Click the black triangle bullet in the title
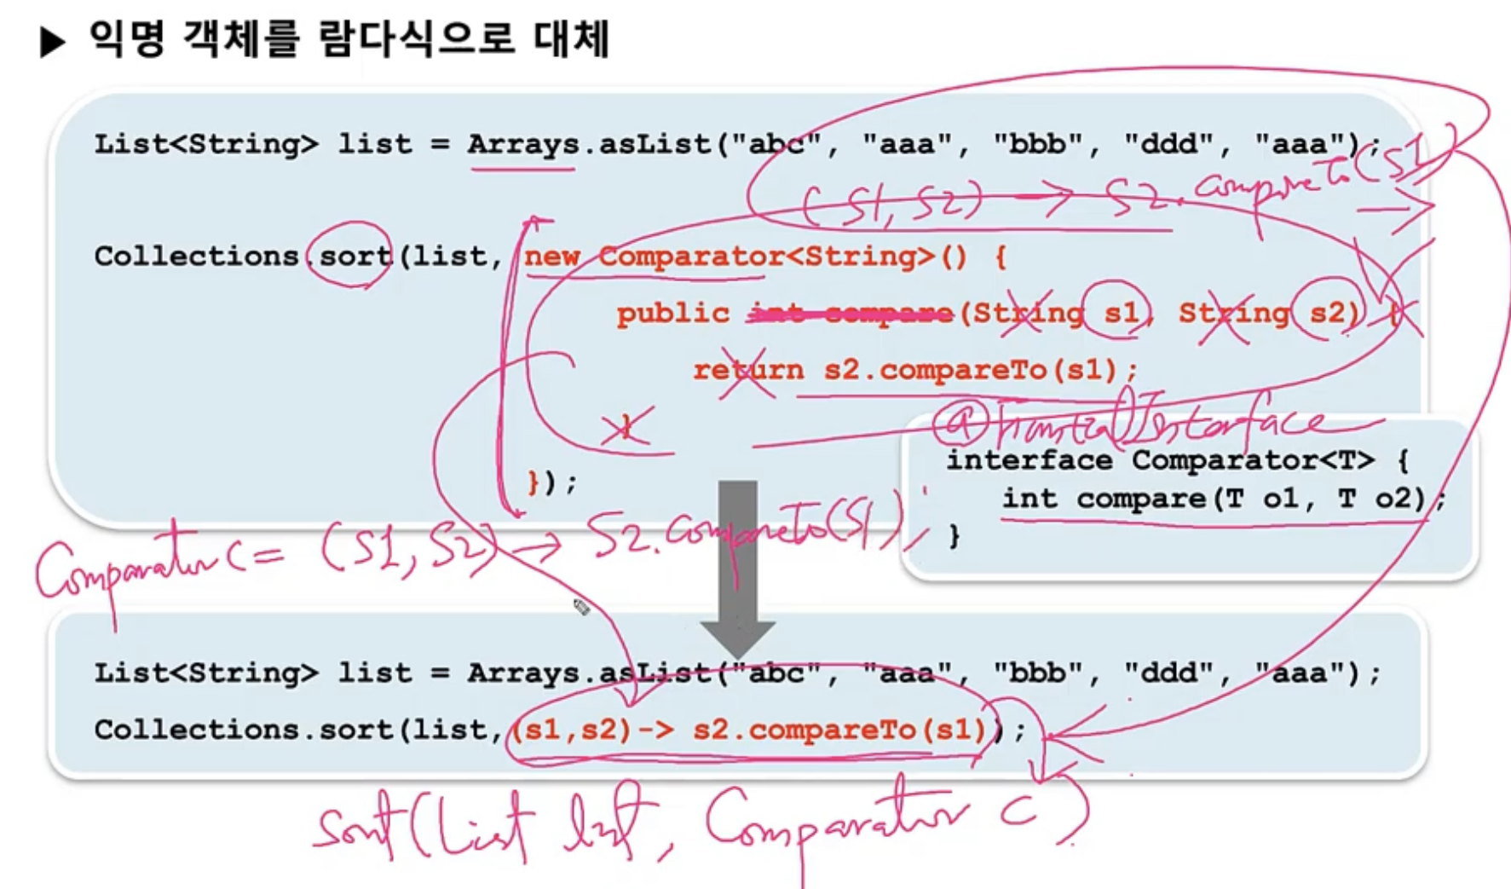52,41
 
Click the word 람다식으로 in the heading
416,39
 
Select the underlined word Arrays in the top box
522,144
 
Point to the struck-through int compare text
850,314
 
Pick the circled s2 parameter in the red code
1328,313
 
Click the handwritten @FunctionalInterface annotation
1133,421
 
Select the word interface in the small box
1029,460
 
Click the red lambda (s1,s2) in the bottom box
572,730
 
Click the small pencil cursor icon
581,607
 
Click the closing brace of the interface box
954,535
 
